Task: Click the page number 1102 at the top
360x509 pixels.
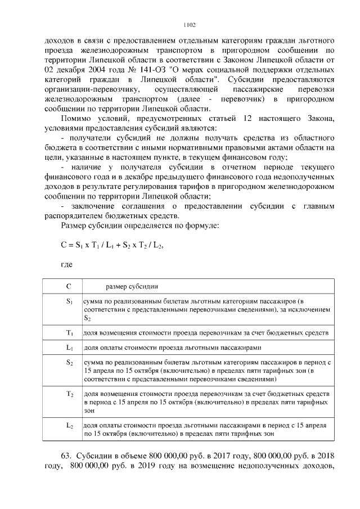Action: tap(190, 25)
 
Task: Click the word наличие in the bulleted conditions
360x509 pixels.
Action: tap(83, 168)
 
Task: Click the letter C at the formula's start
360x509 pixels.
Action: tap(63, 245)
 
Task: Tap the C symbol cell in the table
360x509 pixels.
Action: tap(69, 286)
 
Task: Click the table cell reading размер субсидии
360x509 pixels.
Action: tap(123, 286)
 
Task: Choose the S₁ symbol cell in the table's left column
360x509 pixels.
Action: tap(69, 302)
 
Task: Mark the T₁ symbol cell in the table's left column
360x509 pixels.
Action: tap(69, 333)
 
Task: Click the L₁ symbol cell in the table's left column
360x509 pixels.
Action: tap(69, 348)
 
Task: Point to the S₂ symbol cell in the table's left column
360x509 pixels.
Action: tap(69, 363)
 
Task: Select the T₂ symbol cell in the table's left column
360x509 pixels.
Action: tap(69, 394)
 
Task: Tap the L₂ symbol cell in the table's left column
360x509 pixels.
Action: tap(69, 426)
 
